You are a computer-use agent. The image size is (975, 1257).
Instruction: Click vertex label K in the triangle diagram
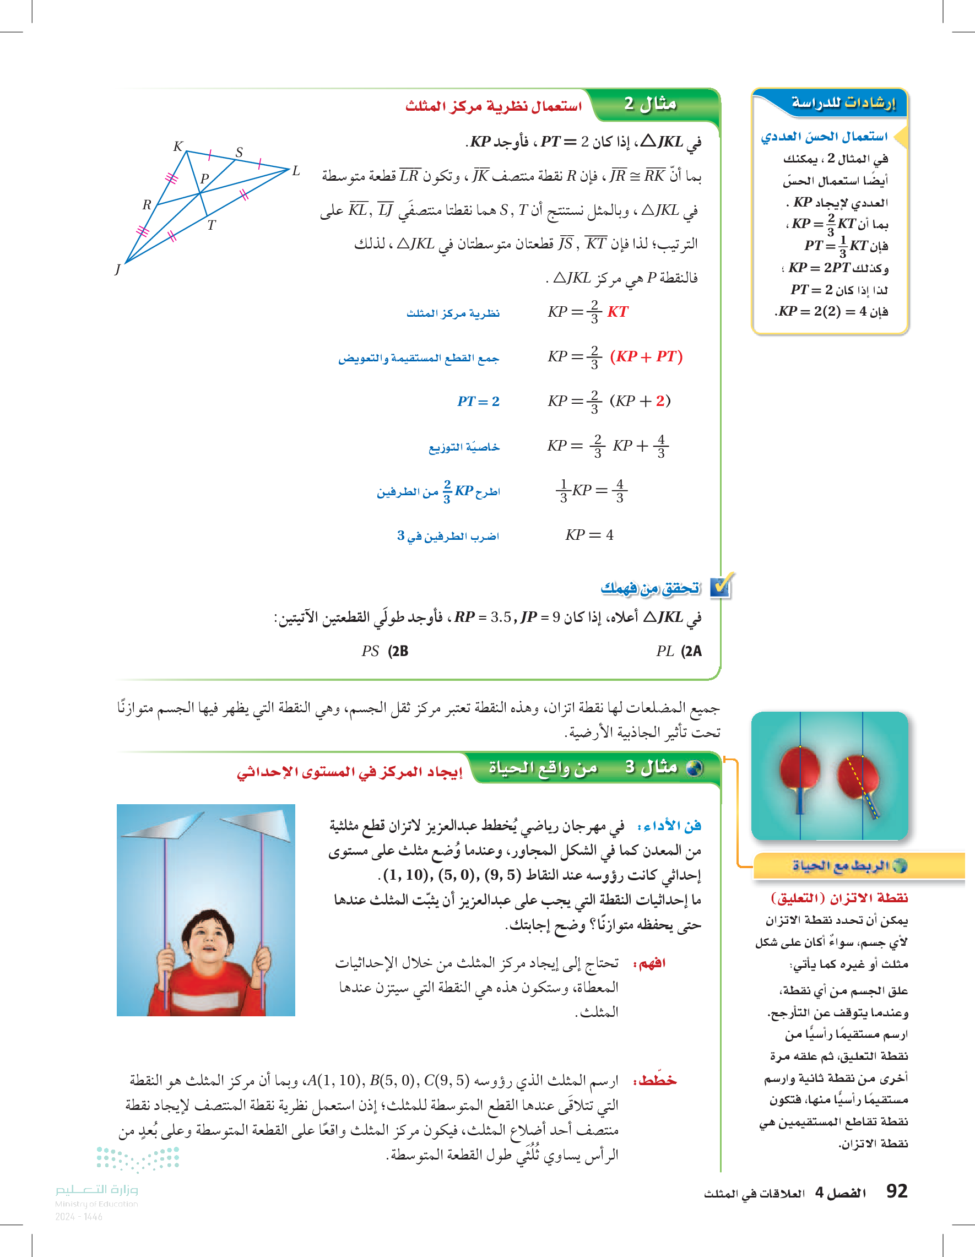[178, 146]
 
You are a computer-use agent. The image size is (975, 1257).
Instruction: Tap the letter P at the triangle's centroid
[204, 178]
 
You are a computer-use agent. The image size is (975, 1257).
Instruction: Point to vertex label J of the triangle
[117, 269]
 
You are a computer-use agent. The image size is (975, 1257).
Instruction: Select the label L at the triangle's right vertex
[296, 171]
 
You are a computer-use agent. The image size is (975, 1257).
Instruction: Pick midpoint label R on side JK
[147, 204]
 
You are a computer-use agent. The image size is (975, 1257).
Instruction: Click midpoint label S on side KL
[239, 152]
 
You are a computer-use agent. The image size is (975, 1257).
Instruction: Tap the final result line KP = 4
[589, 535]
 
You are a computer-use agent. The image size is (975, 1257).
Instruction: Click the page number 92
[897, 1191]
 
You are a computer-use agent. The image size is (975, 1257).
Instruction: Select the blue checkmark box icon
[721, 586]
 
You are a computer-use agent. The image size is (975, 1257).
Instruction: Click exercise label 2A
[691, 651]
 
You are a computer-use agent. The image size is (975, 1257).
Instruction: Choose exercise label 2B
[398, 651]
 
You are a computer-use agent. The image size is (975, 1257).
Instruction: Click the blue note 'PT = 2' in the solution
[478, 401]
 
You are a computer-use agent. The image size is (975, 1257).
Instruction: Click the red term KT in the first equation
[617, 312]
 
